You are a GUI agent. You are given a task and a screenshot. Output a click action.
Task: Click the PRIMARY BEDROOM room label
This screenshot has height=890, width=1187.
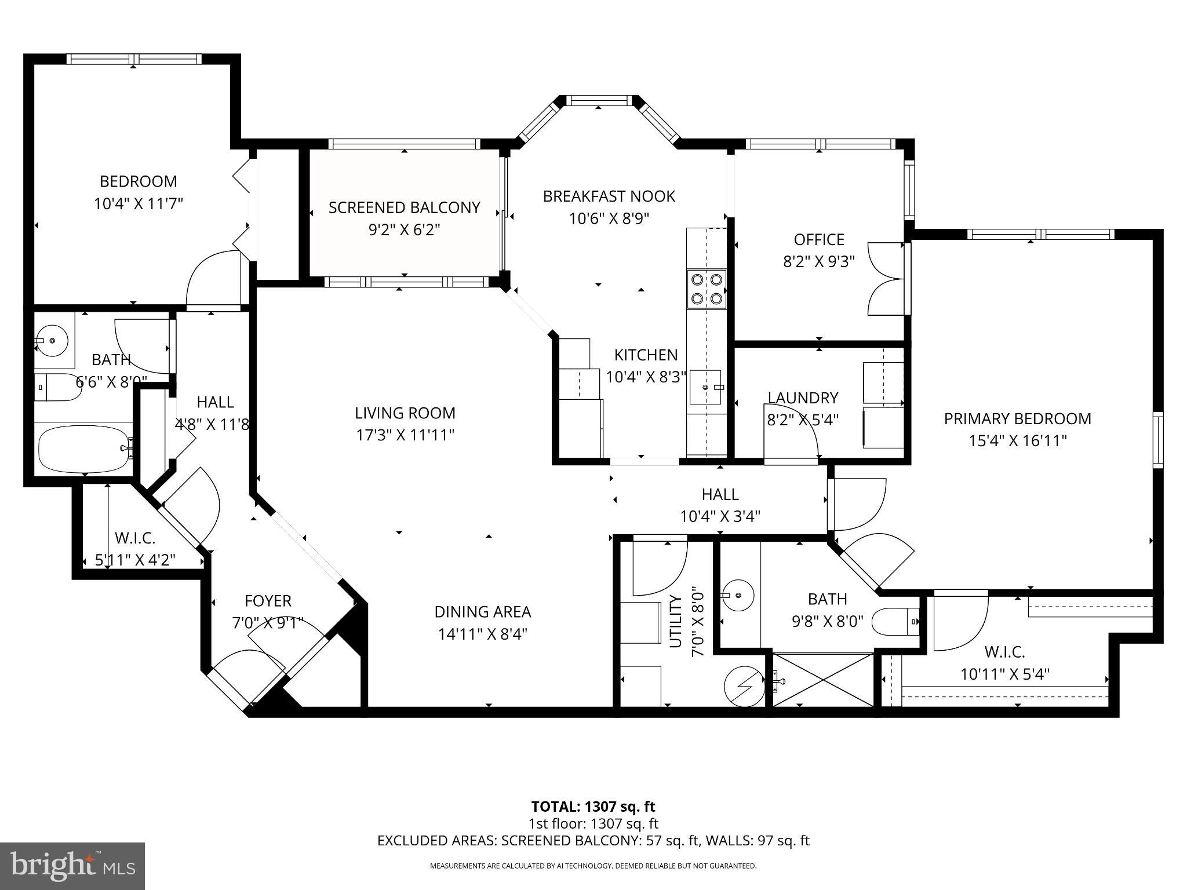click(1017, 418)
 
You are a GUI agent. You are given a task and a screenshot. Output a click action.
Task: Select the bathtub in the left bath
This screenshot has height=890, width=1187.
click(83, 448)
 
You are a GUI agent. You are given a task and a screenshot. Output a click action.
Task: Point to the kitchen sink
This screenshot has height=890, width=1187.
click(705, 386)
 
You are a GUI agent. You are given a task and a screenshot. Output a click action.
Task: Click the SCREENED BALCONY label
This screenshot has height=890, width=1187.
click(404, 207)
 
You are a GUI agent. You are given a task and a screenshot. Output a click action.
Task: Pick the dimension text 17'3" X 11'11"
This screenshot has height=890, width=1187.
click(405, 435)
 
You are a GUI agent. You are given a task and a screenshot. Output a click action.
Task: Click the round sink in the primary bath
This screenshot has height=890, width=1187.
click(738, 594)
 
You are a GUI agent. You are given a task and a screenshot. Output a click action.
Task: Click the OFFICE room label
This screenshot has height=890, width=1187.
click(818, 239)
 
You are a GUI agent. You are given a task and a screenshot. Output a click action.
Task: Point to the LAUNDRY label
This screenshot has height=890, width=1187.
click(803, 397)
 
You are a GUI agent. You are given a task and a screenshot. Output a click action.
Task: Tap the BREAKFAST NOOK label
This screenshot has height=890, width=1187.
click(609, 196)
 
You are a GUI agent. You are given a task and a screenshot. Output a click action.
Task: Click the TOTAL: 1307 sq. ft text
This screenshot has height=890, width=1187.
click(593, 807)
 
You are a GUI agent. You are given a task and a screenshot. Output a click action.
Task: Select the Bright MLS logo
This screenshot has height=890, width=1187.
click(72, 866)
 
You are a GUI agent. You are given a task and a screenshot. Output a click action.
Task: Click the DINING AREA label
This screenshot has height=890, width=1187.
click(482, 611)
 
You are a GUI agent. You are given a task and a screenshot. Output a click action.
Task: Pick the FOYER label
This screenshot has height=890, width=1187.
click(268, 601)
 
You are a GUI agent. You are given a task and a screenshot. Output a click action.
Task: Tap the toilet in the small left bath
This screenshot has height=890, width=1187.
click(56, 388)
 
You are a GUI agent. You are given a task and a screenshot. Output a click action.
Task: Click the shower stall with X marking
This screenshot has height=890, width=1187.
click(823, 680)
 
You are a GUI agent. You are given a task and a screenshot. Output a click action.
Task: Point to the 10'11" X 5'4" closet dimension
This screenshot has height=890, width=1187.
click(1005, 674)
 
